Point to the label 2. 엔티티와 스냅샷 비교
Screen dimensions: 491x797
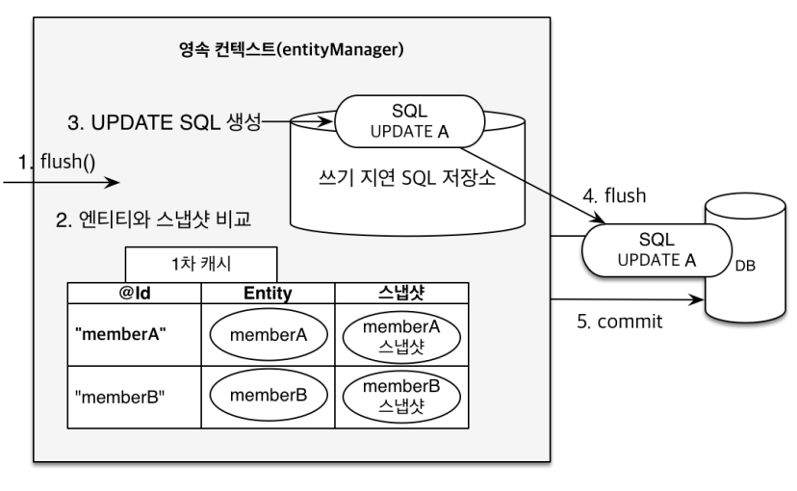point(154,220)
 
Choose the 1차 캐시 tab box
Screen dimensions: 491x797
point(201,264)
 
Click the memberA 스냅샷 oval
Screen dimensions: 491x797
point(400,333)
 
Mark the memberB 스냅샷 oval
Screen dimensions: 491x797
point(400,395)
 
